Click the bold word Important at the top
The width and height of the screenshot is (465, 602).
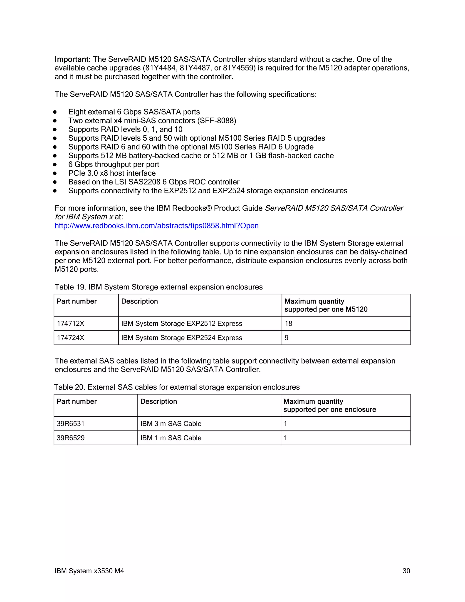72,59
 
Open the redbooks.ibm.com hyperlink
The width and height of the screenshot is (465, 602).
156,226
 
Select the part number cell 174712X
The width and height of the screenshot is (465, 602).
71,323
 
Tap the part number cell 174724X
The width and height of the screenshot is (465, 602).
71,338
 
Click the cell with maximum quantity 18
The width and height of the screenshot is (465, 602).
288,323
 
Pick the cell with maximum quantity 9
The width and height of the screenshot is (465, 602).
287,338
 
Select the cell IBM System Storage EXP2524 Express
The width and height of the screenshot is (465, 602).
182,338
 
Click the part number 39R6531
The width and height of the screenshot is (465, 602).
71,424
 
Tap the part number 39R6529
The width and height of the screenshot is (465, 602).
71,438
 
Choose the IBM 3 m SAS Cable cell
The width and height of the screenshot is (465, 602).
171,424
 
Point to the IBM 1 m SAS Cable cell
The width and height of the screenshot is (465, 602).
171,438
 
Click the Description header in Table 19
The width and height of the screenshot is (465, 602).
139,301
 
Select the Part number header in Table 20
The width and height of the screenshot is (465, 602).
77,402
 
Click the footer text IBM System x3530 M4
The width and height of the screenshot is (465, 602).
89,571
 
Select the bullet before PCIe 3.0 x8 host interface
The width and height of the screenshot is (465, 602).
55,173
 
